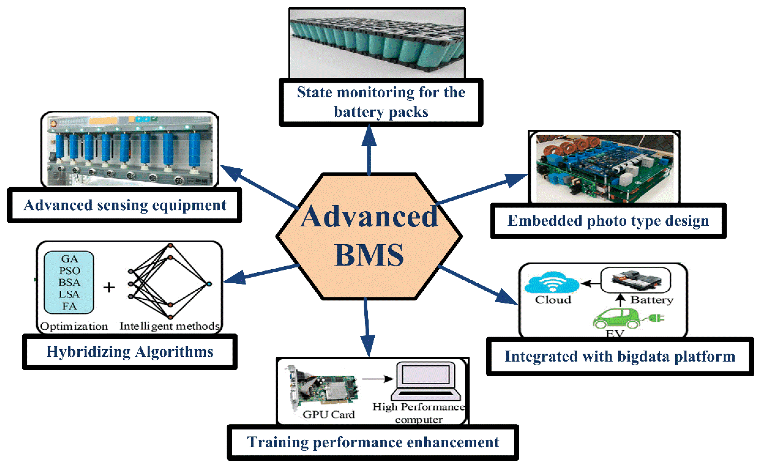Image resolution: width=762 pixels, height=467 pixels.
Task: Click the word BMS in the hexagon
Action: tap(369, 255)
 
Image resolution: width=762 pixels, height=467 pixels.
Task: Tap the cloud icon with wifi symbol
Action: tap(552, 282)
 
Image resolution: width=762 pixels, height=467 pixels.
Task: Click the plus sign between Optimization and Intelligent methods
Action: tap(109, 288)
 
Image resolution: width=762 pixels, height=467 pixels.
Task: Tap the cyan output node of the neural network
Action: tap(209, 284)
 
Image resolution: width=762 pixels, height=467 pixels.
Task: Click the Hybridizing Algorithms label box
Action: tap(130, 352)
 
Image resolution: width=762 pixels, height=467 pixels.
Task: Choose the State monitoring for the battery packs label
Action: tap(381, 102)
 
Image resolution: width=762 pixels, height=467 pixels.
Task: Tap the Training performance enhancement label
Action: tap(373, 442)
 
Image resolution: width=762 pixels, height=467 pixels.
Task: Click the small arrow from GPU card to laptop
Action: tap(377, 379)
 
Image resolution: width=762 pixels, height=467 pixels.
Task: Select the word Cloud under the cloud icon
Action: tap(553, 300)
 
